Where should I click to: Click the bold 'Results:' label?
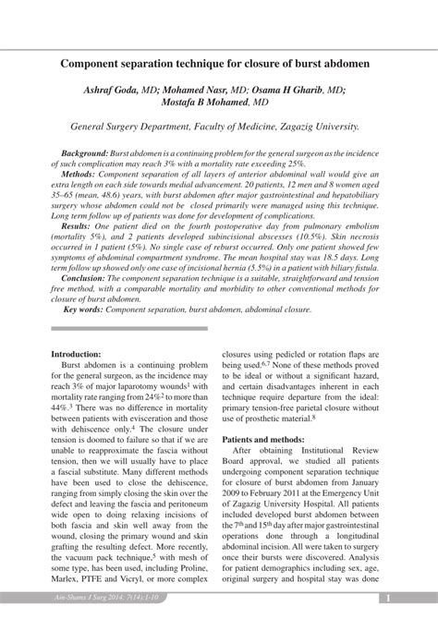(x=76, y=224)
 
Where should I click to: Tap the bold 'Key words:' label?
(x=82, y=309)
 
